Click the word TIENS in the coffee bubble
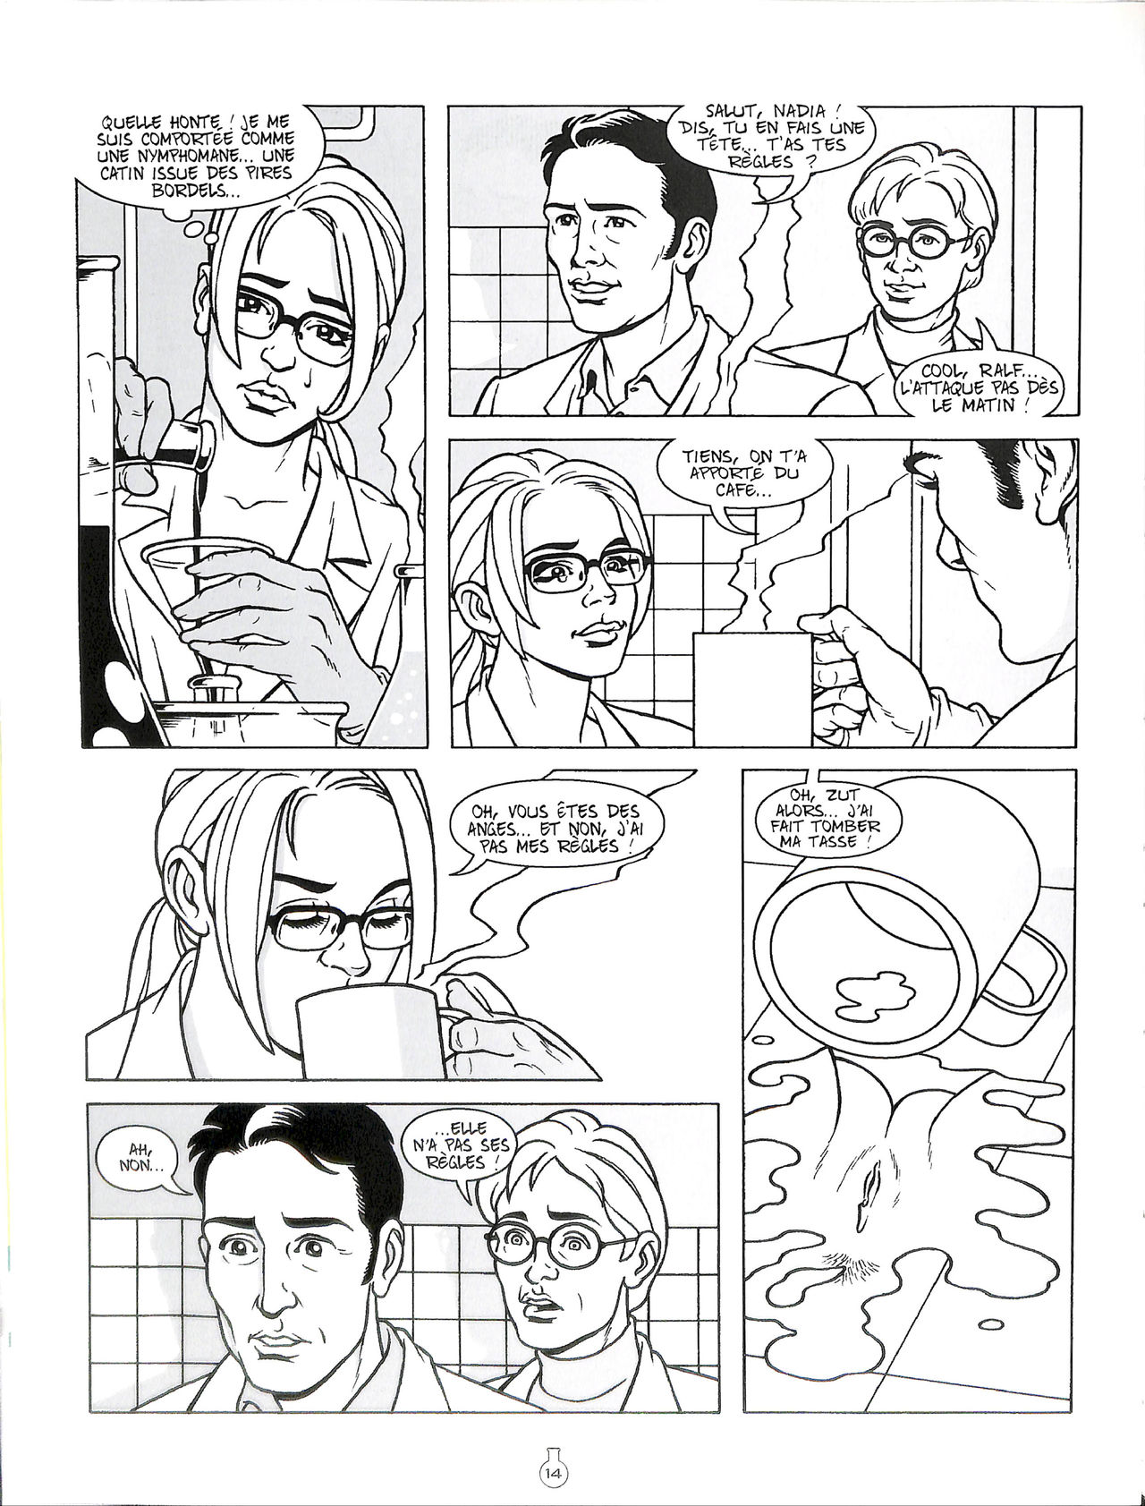pos(709,454)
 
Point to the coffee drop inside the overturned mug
pos(877,994)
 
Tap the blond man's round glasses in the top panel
pos(912,240)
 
